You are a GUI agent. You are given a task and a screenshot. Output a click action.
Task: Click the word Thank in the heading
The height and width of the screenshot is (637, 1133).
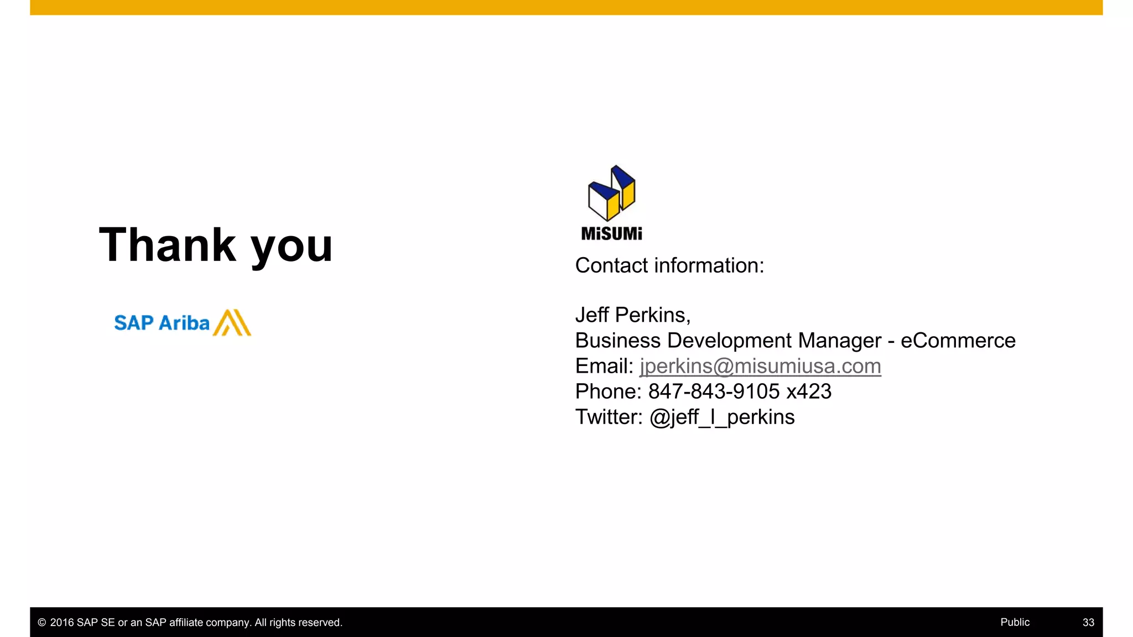tap(168, 245)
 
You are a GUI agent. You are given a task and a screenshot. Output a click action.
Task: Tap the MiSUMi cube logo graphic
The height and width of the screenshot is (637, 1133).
tap(611, 193)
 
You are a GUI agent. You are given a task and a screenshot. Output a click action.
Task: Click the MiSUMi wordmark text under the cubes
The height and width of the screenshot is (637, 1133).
tap(611, 234)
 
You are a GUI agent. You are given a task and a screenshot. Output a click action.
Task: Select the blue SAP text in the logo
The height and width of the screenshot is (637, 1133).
tap(133, 323)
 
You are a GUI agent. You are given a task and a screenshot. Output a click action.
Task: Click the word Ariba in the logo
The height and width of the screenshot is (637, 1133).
tap(184, 323)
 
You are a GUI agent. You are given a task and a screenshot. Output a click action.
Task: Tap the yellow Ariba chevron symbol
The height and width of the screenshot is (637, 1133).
tap(232, 322)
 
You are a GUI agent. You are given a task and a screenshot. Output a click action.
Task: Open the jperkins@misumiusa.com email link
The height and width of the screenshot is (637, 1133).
tap(760, 366)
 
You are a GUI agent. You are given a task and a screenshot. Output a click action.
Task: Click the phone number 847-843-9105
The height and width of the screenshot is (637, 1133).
tap(714, 391)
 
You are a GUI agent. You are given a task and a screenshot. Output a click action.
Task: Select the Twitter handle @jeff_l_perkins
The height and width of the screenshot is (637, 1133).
tap(722, 417)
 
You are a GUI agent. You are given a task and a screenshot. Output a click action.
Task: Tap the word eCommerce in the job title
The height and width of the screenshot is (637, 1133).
tap(958, 341)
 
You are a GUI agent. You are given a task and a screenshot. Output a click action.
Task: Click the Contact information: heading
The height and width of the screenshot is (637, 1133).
tap(669, 265)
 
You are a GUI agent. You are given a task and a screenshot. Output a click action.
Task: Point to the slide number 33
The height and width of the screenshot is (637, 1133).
tap(1088, 622)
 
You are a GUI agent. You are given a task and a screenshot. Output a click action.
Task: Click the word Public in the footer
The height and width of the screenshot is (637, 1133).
tap(1015, 622)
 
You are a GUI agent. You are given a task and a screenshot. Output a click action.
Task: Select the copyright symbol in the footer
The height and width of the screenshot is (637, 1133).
tap(41, 623)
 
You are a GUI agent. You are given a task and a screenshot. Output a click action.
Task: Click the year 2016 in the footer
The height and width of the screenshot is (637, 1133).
tap(62, 623)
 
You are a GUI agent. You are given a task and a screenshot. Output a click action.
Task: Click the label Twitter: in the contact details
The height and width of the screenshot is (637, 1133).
tap(609, 417)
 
